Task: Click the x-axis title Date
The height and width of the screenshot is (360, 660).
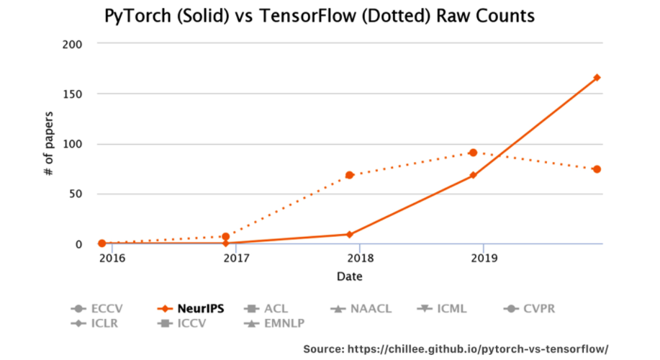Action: (x=349, y=276)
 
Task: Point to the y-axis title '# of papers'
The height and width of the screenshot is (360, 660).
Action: (x=49, y=144)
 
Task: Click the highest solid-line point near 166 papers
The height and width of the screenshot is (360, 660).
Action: (x=597, y=78)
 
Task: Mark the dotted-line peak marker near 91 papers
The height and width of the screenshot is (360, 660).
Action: (x=473, y=153)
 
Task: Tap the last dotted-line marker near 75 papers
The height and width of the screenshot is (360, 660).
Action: (x=597, y=169)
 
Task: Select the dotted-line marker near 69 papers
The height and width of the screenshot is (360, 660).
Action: (x=350, y=175)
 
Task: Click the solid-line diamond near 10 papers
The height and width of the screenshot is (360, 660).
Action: (x=350, y=234)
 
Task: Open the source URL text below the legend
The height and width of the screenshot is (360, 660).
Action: (x=456, y=348)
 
